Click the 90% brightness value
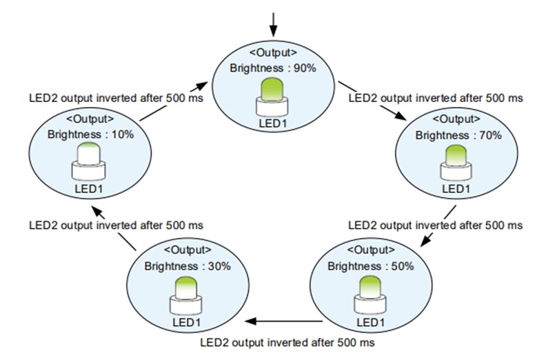click(x=305, y=68)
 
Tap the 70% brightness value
click(x=490, y=135)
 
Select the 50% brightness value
click(x=403, y=266)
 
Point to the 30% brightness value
click(x=219, y=266)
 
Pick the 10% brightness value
click(x=123, y=134)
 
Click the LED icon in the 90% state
click(x=272, y=97)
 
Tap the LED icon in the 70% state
click(x=456, y=162)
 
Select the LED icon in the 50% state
click(x=370, y=295)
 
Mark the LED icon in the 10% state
click(x=89, y=161)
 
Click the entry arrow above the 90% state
click(x=274, y=24)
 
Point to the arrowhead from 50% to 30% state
click(x=251, y=321)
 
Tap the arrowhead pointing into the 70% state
click(x=401, y=116)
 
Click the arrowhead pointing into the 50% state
click(x=426, y=240)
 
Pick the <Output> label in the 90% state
click(x=274, y=52)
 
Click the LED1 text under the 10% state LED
click(x=89, y=189)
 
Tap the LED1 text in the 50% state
click(x=370, y=322)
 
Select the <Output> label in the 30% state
click(x=188, y=250)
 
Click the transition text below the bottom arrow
click(x=287, y=343)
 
